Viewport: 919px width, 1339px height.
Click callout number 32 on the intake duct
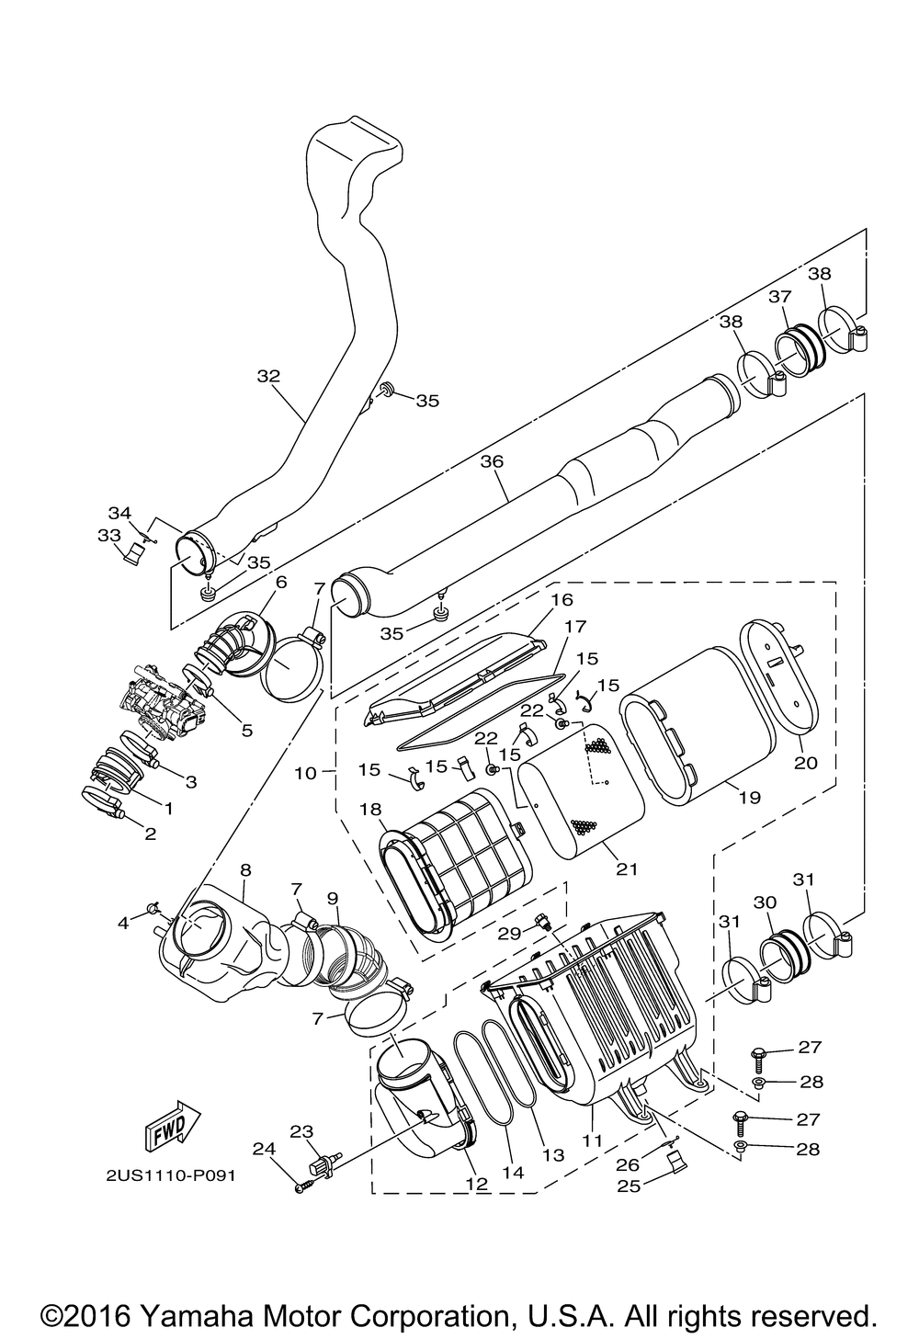pos(268,376)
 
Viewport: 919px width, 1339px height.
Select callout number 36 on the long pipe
pos(492,461)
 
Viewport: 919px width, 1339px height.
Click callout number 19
pos(749,798)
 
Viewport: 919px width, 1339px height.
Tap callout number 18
pos(371,809)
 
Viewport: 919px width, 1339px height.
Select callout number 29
pos(510,932)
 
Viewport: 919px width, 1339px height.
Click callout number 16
pos(562,600)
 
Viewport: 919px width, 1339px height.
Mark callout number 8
pos(245,868)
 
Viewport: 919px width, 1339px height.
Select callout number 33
pos(108,534)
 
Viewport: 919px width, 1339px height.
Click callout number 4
pos(124,922)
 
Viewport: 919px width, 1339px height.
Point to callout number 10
pos(305,774)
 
